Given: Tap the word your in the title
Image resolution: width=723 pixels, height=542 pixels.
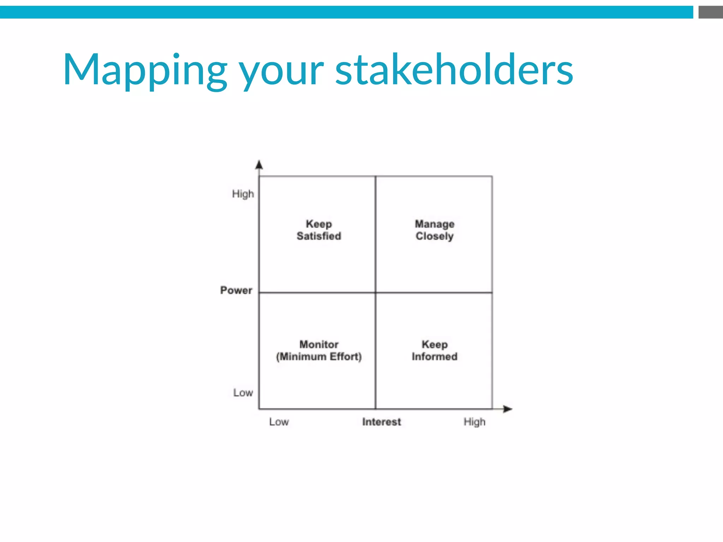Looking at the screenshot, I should [x=281, y=72].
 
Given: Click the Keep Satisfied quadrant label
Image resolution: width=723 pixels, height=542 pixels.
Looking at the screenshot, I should [x=319, y=230].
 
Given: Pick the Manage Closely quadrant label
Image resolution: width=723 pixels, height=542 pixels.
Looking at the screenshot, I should [x=435, y=230].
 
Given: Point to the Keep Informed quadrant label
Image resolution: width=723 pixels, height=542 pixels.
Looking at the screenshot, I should [x=435, y=350].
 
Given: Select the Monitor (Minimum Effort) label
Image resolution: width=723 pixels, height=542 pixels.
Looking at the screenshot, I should [x=319, y=350].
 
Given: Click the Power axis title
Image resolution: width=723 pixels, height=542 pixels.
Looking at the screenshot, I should [x=236, y=290].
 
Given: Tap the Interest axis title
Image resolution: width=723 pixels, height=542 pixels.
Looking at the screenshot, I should [x=382, y=422].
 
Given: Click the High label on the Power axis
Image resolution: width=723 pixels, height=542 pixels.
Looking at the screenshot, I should [x=243, y=194].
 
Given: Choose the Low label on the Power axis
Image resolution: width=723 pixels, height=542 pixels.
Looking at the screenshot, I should [x=243, y=392].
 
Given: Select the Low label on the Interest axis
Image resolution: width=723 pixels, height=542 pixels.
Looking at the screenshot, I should [x=279, y=422].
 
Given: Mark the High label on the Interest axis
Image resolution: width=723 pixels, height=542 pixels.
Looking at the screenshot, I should [x=474, y=422].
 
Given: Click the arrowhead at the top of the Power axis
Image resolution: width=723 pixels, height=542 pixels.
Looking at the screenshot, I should [x=259, y=165].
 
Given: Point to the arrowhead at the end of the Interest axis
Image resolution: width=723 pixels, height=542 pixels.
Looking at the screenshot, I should [x=508, y=409].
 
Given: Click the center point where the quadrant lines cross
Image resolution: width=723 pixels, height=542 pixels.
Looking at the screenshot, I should [x=376, y=293].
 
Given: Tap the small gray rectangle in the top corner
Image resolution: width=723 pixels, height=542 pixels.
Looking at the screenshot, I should [x=710, y=12].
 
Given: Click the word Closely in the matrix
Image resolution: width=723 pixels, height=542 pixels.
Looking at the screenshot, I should [x=435, y=236].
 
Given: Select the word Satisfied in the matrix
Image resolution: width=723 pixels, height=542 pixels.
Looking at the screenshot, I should [x=319, y=236].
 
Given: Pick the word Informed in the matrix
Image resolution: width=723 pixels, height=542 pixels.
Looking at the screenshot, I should [x=435, y=356].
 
